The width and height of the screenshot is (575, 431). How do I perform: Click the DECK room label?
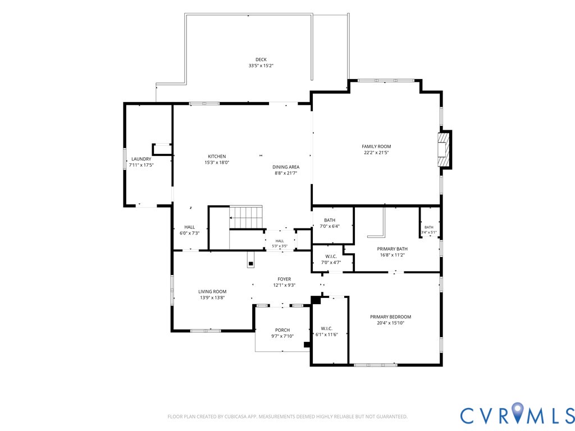[261, 59]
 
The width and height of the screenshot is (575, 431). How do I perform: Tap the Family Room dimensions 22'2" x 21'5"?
[376, 153]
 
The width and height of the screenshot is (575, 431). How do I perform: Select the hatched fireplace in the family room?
[443, 149]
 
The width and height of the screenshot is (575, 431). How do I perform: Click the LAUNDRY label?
[141, 159]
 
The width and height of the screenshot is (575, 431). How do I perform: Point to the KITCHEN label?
[217, 157]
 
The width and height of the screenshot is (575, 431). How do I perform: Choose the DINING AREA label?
[286, 167]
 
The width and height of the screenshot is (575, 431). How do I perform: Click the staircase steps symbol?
[246, 217]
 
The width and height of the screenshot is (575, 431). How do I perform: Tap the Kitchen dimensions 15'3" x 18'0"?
[217, 162]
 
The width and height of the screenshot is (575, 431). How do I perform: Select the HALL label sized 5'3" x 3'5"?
[280, 241]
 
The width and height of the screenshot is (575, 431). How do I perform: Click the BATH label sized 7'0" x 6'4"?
[330, 220]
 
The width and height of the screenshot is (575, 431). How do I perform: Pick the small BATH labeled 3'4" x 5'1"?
[428, 227]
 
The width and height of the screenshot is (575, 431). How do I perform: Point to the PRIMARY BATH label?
[393, 249]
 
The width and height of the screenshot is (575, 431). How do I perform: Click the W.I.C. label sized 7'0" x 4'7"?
[331, 256]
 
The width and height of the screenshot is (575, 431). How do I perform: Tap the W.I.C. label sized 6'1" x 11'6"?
[326, 329]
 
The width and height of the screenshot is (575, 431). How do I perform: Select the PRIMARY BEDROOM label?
[391, 317]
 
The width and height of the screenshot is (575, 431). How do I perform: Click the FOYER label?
[284, 279]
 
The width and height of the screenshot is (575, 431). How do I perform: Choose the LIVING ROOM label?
[212, 292]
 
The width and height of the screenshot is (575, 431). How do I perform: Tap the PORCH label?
[282, 330]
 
